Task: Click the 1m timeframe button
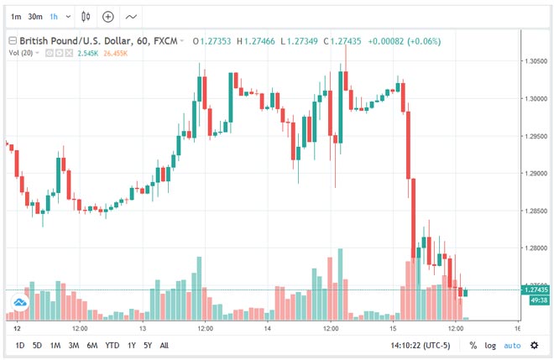tap(16, 16)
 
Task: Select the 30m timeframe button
tap(36, 16)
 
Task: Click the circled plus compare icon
tap(107, 16)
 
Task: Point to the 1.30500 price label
tap(537, 61)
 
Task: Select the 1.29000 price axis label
tap(537, 173)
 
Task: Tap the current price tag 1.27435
tap(536, 290)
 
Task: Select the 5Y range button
tap(147, 345)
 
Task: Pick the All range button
tap(165, 345)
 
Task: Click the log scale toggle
tap(489, 345)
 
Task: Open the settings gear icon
tap(534, 345)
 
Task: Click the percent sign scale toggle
tap(473, 345)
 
